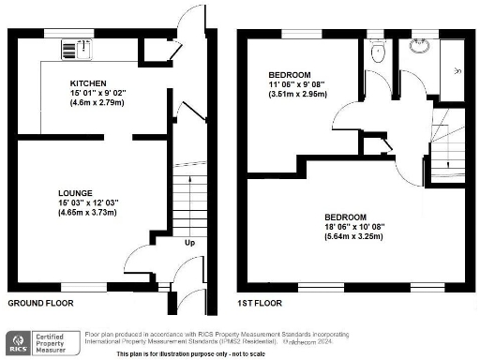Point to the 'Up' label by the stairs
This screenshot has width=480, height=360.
189,243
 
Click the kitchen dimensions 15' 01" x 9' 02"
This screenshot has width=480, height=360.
87,93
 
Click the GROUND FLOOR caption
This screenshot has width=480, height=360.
40,304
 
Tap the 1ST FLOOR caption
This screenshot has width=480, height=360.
262,304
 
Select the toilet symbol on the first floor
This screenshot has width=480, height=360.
377,53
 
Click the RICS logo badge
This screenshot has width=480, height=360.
17,342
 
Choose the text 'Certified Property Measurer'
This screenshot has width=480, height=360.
54,342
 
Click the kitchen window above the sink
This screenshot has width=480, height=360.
71,33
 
